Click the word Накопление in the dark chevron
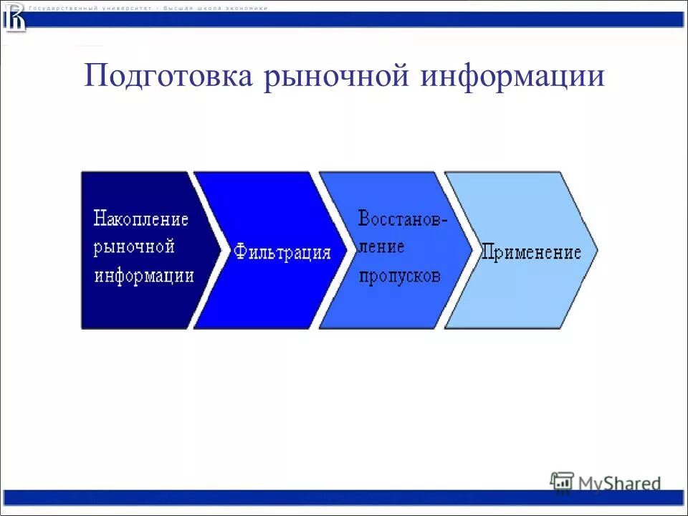click(141, 219)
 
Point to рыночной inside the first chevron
click(134, 247)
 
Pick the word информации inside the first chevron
click(144, 276)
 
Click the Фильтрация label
click(282, 253)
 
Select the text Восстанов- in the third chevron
click(403, 219)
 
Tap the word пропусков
click(399, 276)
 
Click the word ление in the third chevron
click(381, 247)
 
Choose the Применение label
click(530, 253)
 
